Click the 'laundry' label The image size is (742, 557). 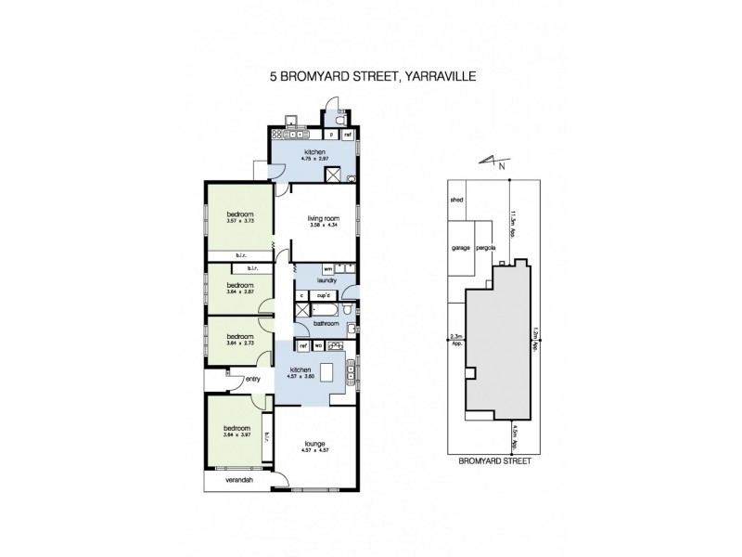(x=325, y=279)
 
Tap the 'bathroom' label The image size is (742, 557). (x=326, y=323)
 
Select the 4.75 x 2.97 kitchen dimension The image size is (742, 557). (x=314, y=159)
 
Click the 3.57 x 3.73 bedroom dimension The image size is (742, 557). (x=240, y=222)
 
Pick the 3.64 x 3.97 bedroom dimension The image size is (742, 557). (x=240, y=434)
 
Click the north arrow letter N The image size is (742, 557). (x=501, y=167)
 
